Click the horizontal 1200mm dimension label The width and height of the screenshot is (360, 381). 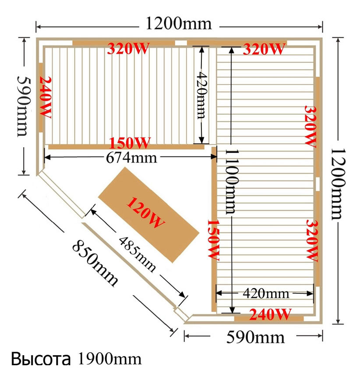pos(179,24)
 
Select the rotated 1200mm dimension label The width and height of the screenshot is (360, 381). pos(338,184)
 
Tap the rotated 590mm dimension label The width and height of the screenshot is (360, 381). pos(25,106)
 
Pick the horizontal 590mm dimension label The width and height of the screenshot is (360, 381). pos(255,337)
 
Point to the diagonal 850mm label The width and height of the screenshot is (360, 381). pos(95,263)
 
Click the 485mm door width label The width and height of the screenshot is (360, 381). pos(137,254)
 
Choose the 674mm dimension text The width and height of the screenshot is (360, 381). pos(131,158)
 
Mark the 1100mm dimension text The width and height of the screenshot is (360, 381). pos(232,181)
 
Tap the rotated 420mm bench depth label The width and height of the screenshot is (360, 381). pos(202,95)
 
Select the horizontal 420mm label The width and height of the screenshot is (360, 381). pos(266,293)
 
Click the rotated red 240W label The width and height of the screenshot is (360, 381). pos(45,97)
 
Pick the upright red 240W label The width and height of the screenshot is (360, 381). pos(270,314)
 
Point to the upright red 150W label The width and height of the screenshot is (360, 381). pos(130,143)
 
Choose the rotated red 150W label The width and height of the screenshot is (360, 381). pos(214,240)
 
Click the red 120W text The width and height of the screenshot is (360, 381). pos(145,213)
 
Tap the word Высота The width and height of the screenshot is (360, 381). pos(41,359)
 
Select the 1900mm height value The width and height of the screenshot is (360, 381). pos(109,359)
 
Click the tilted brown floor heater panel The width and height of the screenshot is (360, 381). pos(149,215)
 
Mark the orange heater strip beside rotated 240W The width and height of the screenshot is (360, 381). pos(41,97)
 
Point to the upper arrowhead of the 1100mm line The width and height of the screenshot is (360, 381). pos(231,50)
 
